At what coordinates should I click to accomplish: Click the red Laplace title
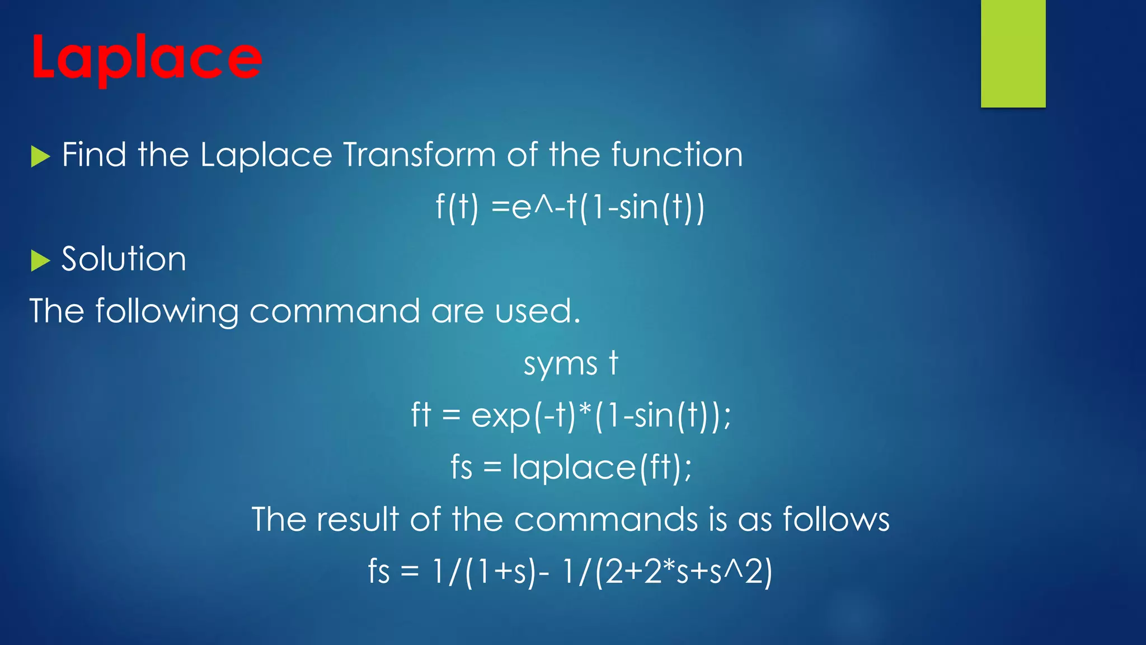click(x=146, y=58)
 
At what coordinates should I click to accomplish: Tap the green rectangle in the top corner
click(x=1013, y=53)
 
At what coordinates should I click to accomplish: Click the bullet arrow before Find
click(x=40, y=156)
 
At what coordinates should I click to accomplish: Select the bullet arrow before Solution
click(x=40, y=260)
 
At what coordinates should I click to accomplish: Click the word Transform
click(x=419, y=155)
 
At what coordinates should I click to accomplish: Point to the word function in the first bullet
click(x=677, y=155)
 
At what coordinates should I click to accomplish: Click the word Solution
click(x=124, y=259)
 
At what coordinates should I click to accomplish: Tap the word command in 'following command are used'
click(x=334, y=311)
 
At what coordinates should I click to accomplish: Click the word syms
click(x=560, y=364)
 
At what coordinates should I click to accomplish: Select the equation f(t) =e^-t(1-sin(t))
click(x=570, y=207)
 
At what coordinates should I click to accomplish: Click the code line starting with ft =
click(x=571, y=415)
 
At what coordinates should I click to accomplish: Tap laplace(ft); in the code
click(x=602, y=468)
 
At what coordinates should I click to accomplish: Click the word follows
click(x=836, y=519)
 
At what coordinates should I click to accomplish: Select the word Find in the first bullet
click(x=94, y=155)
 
